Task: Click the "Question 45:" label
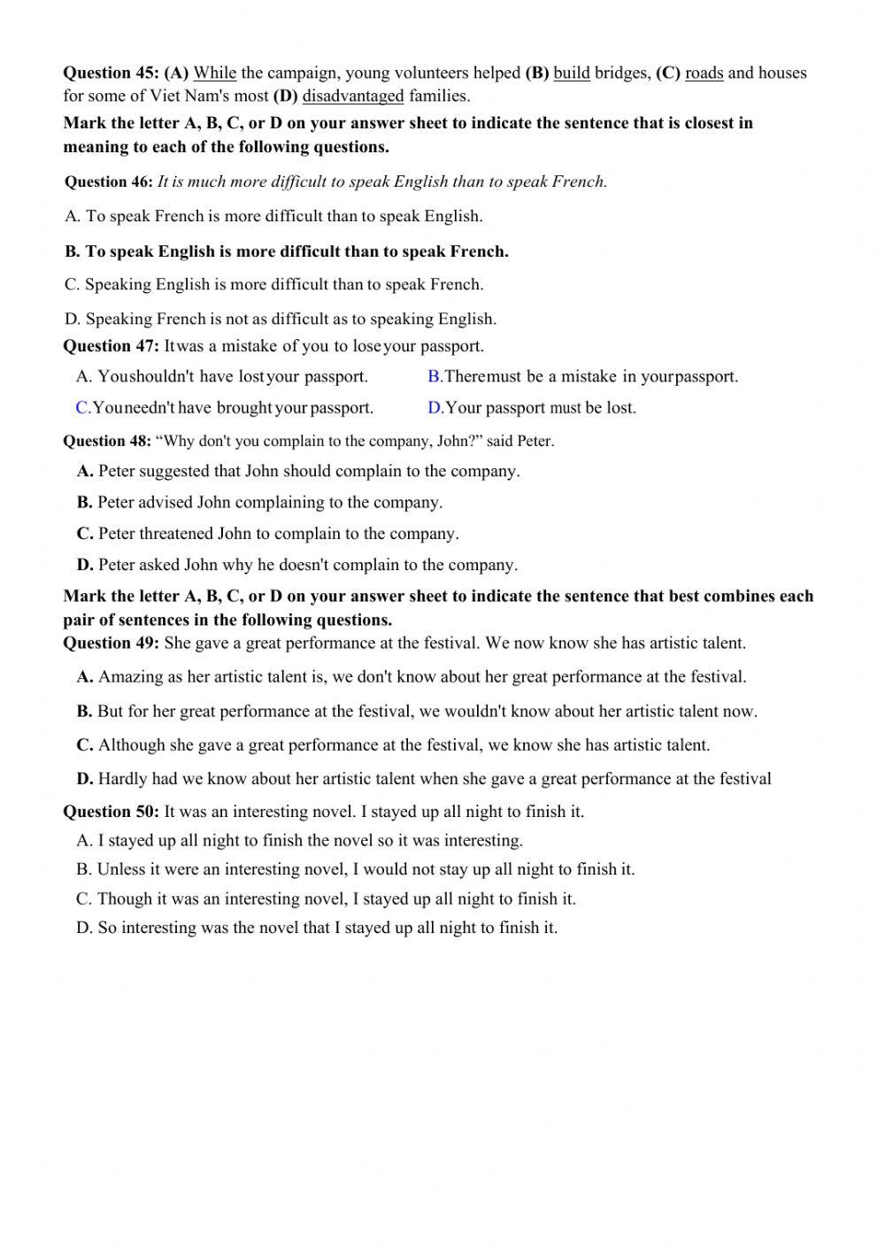click(111, 73)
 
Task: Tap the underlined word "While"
click(214, 73)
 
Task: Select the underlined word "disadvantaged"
click(353, 96)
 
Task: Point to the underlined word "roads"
click(704, 73)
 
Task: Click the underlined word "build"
click(572, 73)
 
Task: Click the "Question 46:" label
click(109, 182)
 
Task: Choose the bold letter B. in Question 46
click(73, 252)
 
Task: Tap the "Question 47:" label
click(111, 346)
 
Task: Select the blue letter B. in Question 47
click(435, 377)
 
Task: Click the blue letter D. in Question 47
click(435, 408)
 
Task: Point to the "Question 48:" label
click(107, 442)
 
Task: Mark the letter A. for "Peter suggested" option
click(85, 472)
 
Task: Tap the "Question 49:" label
click(111, 644)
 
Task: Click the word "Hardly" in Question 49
click(122, 779)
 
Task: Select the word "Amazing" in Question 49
click(130, 677)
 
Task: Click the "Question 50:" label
click(111, 812)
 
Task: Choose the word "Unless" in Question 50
click(121, 870)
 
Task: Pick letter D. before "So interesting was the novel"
click(84, 929)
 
